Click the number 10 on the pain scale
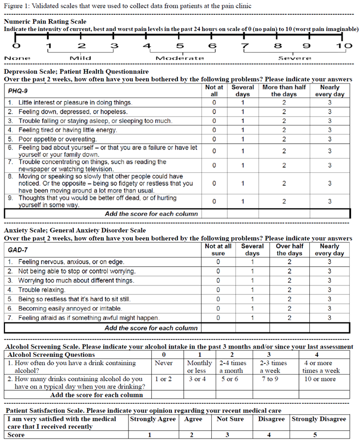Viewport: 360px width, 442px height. coord(345,46)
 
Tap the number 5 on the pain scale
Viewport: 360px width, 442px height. coord(180,46)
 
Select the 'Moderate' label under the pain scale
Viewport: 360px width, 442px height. coord(180,58)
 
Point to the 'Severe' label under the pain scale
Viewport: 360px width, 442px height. coord(295,58)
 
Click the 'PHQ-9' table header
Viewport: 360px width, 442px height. coord(20,91)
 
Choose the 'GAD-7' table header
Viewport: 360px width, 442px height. coord(19,250)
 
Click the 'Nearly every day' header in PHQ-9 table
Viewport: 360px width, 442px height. coord(329,91)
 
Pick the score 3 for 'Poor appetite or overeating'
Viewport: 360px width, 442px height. coord(329,139)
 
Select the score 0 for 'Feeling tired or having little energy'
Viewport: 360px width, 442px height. coord(214,130)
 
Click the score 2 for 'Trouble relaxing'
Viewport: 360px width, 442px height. coord(289,290)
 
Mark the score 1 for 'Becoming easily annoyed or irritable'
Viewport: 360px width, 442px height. coord(252,309)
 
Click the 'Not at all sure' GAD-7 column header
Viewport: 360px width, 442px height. coord(218,250)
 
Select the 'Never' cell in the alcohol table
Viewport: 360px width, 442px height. coord(164,363)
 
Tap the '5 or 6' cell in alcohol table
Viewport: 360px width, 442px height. coord(229,379)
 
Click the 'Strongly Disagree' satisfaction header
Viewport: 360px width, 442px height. coord(319,419)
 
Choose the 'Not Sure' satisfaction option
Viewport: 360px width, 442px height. coord(228,419)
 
